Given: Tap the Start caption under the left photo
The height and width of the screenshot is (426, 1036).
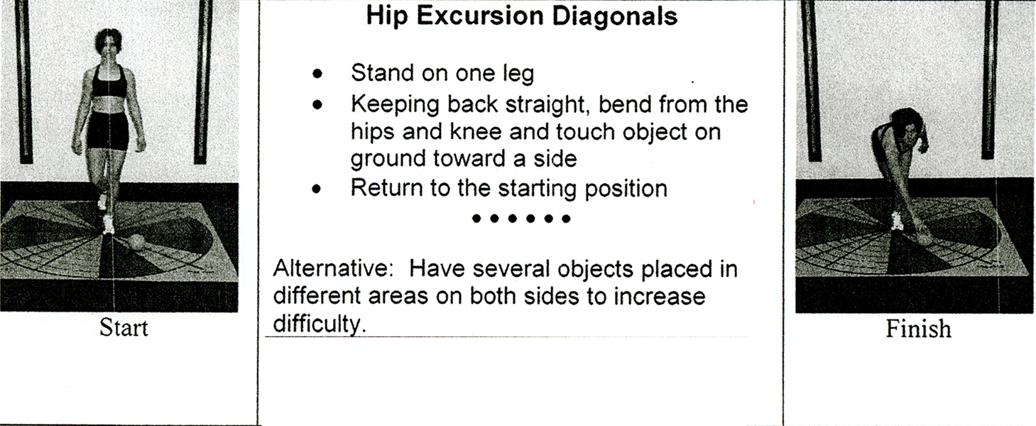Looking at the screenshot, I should point(124,327).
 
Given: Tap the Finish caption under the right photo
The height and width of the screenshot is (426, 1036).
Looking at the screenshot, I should point(918,329).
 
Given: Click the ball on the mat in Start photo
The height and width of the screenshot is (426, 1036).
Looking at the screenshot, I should point(136,242).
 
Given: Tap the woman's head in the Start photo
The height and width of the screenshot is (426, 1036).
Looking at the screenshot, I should point(108,43).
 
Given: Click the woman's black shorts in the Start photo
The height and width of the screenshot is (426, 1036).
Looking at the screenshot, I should point(108,131).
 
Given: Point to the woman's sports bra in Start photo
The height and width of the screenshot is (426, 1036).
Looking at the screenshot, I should point(109,83).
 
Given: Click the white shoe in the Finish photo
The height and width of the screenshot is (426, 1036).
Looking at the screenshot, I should point(898,221).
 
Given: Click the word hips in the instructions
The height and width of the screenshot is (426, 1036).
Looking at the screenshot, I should point(372,132).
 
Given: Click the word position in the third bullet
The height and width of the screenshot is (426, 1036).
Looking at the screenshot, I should point(626,189).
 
